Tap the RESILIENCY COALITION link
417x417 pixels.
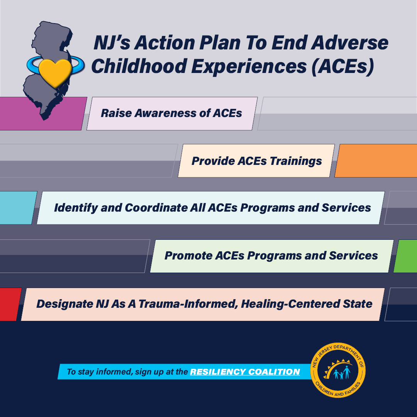click(245, 371)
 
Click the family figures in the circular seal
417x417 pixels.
click(342, 373)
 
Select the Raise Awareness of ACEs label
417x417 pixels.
click(171, 113)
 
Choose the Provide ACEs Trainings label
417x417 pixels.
click(257, 161)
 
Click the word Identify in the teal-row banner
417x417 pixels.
click(76, 208)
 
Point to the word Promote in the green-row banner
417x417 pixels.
click(188, 256)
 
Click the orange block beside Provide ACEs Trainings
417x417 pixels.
click(376, 161)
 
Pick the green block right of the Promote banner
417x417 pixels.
click(406, 256)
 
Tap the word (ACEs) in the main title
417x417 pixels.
click(343, 66)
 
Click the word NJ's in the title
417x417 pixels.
click(112, 42)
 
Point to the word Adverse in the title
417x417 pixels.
click(350, 42)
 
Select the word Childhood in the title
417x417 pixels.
click(139, 66)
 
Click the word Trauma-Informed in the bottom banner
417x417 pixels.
click(188, 304)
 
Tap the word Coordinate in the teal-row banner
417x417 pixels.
click(156, 208)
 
